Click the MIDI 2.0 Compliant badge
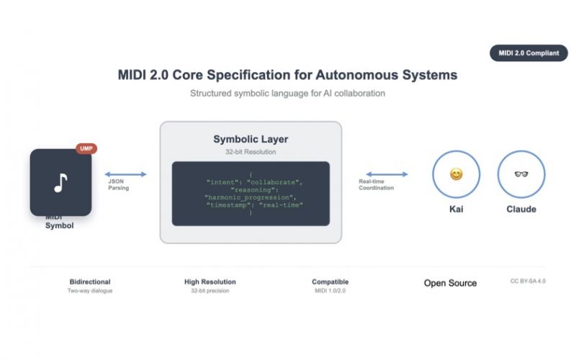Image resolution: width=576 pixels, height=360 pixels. coord(528,53)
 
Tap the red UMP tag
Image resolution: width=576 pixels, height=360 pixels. coord(86,148)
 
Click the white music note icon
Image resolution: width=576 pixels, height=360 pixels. coord(60,183)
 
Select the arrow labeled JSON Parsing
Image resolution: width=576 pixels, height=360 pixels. coord(125,174)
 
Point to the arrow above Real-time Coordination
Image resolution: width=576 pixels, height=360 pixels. coord(387,174)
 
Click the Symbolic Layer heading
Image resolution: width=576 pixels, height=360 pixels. coord(251,139)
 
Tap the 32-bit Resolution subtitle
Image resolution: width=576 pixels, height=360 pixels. coord(251,152)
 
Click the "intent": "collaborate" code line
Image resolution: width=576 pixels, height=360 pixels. coord(254,182)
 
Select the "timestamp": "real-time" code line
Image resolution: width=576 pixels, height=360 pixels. coord(255,205)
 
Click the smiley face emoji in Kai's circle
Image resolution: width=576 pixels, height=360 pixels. coord(456,174)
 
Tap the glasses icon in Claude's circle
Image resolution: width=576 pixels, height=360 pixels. coord(521,174)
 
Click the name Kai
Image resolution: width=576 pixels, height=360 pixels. coord(456,209)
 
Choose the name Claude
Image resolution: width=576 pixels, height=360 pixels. coord(521,209)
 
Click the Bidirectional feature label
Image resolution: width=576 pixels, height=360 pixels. coord(90,282)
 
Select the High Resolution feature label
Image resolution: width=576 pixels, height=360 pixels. coord(210,282)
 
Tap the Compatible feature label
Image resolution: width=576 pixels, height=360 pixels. coord(330,282)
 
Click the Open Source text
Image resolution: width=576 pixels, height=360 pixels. coord(451,283)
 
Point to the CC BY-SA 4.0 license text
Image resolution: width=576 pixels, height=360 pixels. coord(528,281)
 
